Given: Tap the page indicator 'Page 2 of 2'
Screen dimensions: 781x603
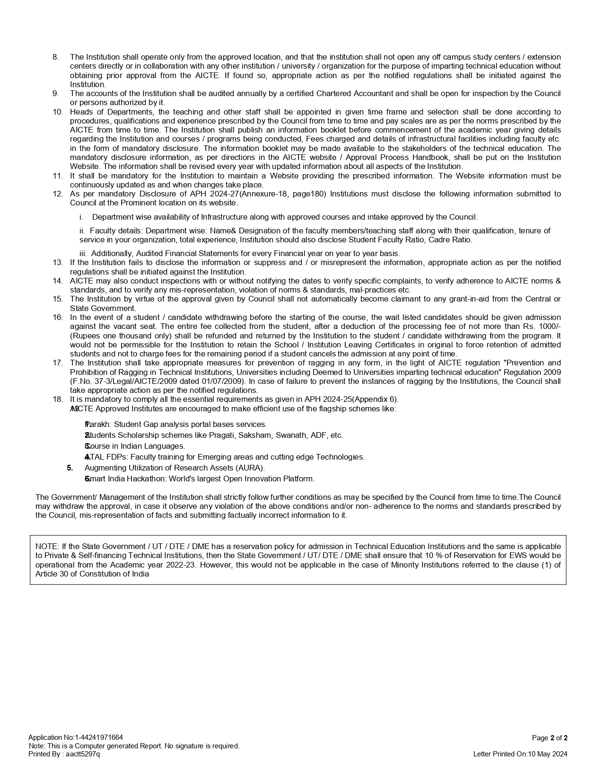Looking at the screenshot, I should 550,737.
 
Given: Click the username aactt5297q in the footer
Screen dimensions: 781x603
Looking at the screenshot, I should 83,754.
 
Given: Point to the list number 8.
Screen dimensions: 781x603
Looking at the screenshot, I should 55,57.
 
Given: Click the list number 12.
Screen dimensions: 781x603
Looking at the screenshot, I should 57,194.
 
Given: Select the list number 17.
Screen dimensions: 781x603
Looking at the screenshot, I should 57,363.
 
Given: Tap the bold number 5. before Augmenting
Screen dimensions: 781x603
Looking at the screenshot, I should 70,468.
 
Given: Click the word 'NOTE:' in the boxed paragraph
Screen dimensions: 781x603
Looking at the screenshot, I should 45,546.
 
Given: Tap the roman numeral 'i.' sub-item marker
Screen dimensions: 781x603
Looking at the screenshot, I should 81,217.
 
